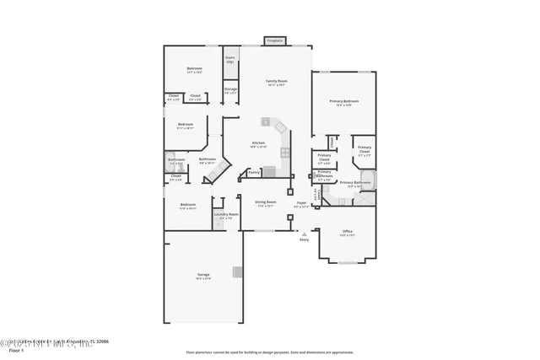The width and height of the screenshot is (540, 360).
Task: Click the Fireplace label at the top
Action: pyautogui.click(x=274, y=40)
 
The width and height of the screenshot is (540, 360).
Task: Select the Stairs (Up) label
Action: pyautogui.click(x=229, y=60)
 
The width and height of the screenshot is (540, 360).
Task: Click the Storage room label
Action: pyautogui.click(x=230, y=90)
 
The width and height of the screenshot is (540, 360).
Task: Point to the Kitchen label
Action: pyautogui.click(x=258, y=144)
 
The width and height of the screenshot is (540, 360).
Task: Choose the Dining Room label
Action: pyautogui.click(x=266, y=203)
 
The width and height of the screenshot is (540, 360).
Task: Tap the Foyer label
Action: pyautogui.click(x=301, y=204)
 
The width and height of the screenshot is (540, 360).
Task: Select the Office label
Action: pyautogui.click(x=347, y=234)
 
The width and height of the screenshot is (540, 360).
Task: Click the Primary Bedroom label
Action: pyautogui.click(x=343, y=103)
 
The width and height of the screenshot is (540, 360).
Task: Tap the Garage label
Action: pyautogui.click(x=203, y=275)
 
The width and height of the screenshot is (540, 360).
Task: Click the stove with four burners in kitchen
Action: pyautogui.click(x=285, y=153)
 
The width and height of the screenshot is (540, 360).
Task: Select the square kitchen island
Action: pyautogui.click(x=264, y=121)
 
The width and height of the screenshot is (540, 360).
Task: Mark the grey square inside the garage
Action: pyautogui.click(x=238, y=272)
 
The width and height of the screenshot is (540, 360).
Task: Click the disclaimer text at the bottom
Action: pyautogui.click(x=269, y=352)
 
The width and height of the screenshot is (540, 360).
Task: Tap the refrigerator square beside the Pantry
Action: pyautogui.click(x=269, y=171)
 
